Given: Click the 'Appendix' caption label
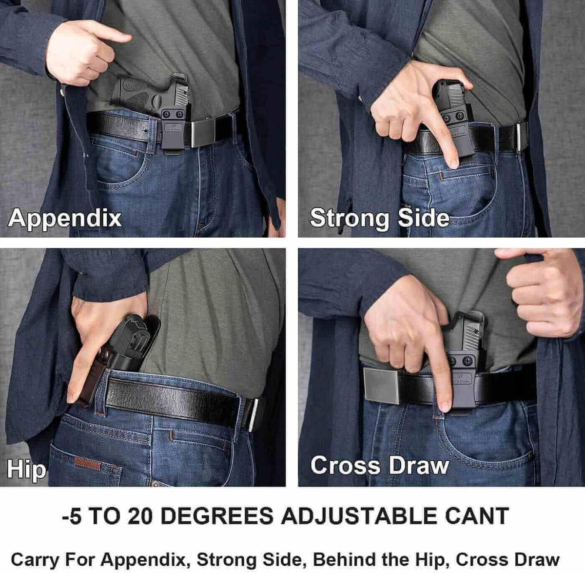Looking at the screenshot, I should point(65,218).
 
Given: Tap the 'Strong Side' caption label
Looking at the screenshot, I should point(379,218).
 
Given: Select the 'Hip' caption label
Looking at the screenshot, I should point(26,470).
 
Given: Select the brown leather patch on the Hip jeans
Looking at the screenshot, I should point(88,463).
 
